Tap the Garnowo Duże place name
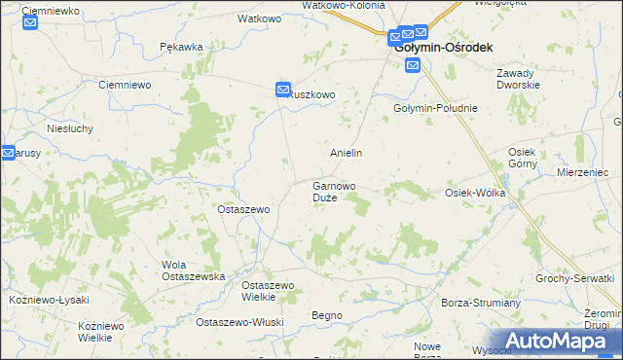coord(333,191)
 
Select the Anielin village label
coord(346,153)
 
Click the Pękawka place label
coord(181,47)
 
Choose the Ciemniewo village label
coord(125,85)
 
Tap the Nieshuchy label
coord(68,127)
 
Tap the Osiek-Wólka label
coord(474,193)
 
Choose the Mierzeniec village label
coord(583,171)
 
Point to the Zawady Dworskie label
coord(518,79)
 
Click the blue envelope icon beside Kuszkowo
coord(283,90)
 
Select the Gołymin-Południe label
coord(435,108)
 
